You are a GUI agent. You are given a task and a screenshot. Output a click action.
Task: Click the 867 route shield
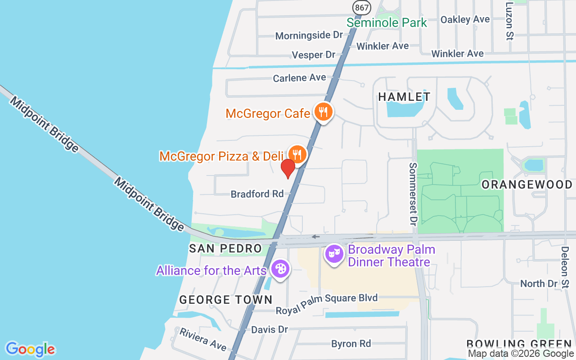pos(361,7)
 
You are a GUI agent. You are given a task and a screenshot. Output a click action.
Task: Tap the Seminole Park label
pos(387,22)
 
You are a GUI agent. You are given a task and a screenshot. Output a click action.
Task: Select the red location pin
pos(288,169)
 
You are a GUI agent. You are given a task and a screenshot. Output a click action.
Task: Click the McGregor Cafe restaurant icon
pos(323,111)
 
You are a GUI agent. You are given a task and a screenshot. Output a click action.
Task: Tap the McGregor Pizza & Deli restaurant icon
pos(297,154)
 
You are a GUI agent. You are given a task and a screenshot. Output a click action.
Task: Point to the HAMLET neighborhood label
pos(404,97)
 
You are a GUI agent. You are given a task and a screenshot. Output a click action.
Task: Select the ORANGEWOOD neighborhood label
pos(527,184)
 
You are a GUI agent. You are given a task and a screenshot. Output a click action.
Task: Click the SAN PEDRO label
pos(225,248)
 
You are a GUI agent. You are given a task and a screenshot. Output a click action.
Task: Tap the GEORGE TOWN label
pos(226,300)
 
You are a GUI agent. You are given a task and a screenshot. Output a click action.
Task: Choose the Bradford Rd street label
pos(257,194)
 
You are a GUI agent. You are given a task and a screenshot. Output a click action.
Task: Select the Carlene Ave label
pos(299,78)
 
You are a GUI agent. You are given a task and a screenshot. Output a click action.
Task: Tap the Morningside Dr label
pos(309,35)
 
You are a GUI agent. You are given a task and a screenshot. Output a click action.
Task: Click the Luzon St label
pos(509,21)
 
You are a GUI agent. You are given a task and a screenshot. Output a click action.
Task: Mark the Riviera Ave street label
pos(203,339)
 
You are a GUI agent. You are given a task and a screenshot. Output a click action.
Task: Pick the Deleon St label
pos(565,267)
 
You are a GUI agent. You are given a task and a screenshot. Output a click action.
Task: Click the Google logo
pos(30,349)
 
